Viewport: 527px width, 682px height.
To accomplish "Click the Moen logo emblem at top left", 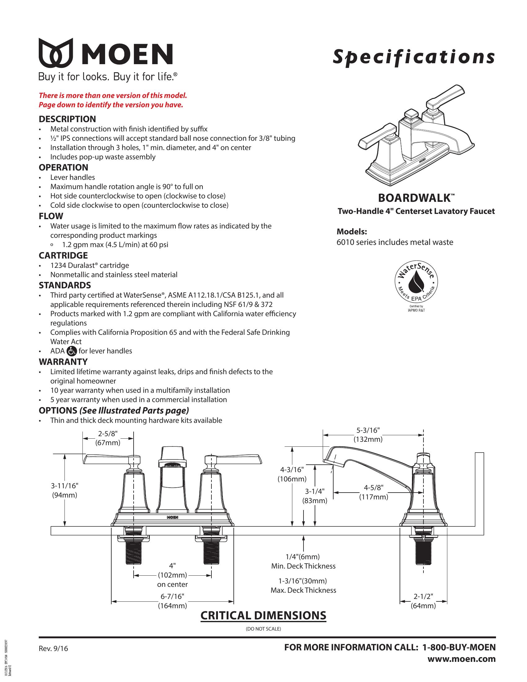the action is (x=56, y=53).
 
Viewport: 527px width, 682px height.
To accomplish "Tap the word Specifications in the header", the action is (x=414, y=57).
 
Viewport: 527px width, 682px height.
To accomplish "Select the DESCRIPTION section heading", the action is (x=67, y=119).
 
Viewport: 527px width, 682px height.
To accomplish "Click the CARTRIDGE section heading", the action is (x=63, y=255).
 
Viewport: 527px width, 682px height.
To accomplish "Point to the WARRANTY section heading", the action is (x=63, y=361).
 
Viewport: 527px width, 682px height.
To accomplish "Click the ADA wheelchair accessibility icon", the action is (x=72, y=351).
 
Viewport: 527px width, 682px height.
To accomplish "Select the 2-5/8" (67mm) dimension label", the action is (x=108, y=438).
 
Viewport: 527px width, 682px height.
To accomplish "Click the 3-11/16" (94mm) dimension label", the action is (x=64, y=490).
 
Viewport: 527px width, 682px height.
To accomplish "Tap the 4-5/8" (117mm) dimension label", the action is (x=374, y=492).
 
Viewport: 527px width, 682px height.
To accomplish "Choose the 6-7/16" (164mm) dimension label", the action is (x=172, y=601).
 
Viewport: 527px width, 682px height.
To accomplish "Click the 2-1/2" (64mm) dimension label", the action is (x=423, y=601).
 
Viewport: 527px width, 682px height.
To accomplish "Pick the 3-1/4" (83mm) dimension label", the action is (x=315, y=496).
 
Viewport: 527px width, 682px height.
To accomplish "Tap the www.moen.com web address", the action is (x=462, y=659).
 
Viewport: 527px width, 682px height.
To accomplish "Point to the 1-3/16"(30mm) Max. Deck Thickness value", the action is (x=303, y=586).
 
